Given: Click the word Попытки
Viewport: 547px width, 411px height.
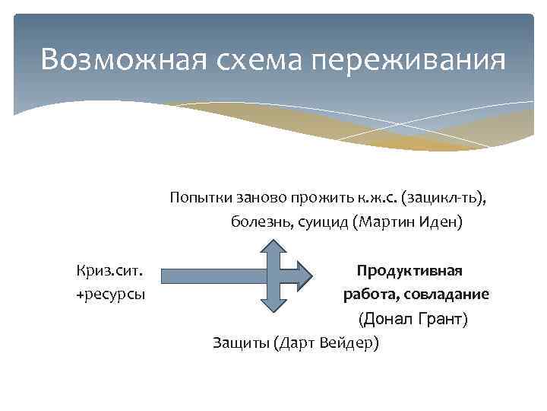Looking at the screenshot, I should click(199, 198).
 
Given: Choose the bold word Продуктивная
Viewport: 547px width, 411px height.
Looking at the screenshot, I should click(410, 271).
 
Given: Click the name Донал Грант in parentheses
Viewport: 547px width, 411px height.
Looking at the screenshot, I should click(413, 318).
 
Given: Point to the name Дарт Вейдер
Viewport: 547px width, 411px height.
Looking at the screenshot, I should click(328, 342).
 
